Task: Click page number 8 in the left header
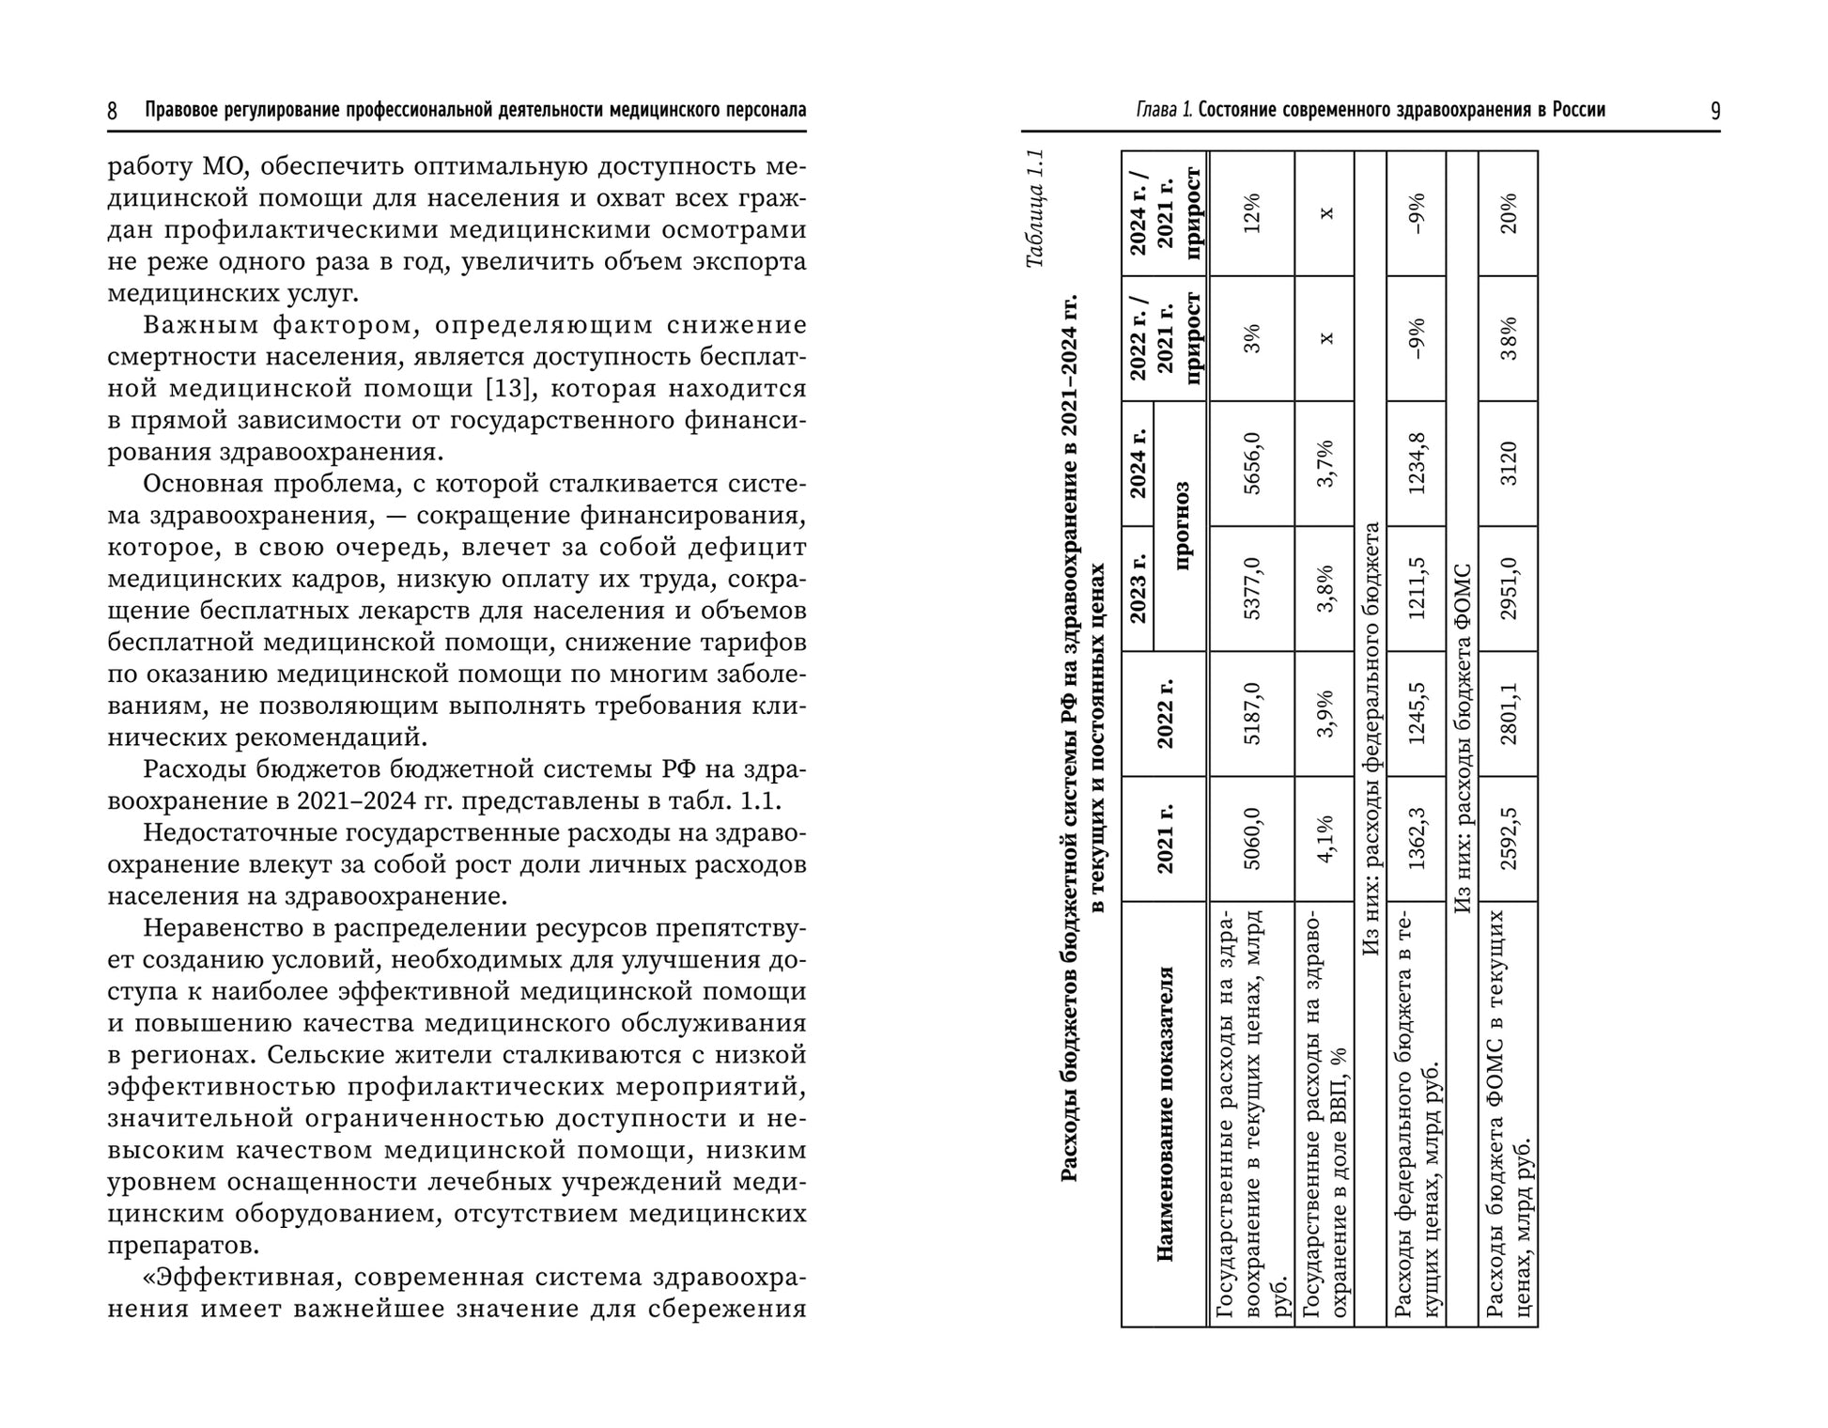(x=113, y=112)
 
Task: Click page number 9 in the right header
(x=1715, y=112)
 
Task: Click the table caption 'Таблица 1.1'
(x=1034, y=209)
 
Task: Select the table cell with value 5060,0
(x=1251, y=839)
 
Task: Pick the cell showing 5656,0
(x=1251, y=463)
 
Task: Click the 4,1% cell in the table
(x=1325, y=839)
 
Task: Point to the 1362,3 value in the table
(x=1416, y=839)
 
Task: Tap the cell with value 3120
(x=1508, y=463)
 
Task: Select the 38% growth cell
(x=1508, y=338)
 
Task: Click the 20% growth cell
(x=1508, y=213)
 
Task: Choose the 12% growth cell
(x=1251, y=213)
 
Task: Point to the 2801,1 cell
(x=1508, y=714)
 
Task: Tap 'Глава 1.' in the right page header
(x=1164, y=111)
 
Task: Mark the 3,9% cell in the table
(x=1325, y=714)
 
